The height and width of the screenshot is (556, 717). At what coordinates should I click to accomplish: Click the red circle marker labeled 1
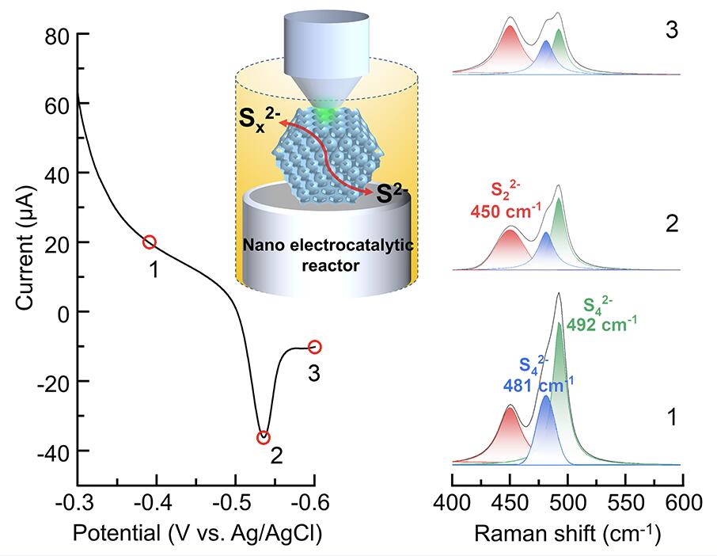150,242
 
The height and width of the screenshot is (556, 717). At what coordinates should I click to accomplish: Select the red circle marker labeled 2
264,437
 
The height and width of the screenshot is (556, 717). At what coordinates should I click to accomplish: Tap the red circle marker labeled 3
315,346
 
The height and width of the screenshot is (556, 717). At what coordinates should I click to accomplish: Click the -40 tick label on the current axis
51,451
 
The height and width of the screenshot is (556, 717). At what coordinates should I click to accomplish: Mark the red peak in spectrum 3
510,48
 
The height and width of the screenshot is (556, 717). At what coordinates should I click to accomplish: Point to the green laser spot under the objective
324,116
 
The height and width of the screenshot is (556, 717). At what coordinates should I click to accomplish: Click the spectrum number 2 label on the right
671,223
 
